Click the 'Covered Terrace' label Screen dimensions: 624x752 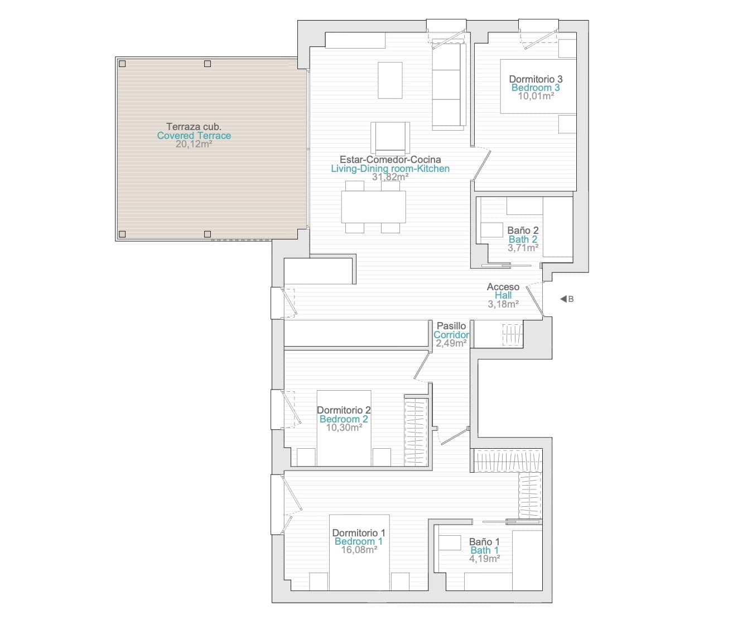[x=194, y=136]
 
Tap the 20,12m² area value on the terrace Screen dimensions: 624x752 [x=194, y=144]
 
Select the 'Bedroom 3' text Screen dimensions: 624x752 [x=536, y=88]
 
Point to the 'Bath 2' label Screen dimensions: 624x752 [x=523, y=239]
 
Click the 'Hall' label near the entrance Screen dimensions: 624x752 [x=503, y=295]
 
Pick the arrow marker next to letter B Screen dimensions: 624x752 [x=563, y=299]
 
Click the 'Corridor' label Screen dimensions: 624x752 [x=451, y=335]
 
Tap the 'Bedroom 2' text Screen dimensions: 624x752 [x=343, y=419]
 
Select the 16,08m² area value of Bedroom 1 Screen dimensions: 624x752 [x=358, y=550]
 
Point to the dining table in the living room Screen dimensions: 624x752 [x=373, y=207]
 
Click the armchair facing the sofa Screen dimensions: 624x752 [x=391, y=138]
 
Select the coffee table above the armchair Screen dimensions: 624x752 [x=390, y=80]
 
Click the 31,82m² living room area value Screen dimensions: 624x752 [x=390, y=177]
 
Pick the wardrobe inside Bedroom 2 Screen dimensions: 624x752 [x=416, y=430]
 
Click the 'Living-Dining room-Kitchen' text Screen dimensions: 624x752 [x=390, y=169]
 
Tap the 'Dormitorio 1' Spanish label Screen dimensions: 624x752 [x=358, y=533]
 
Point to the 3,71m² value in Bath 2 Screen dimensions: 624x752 [x=523, y=248]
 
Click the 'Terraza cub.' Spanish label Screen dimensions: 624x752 [x=194, y=127]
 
